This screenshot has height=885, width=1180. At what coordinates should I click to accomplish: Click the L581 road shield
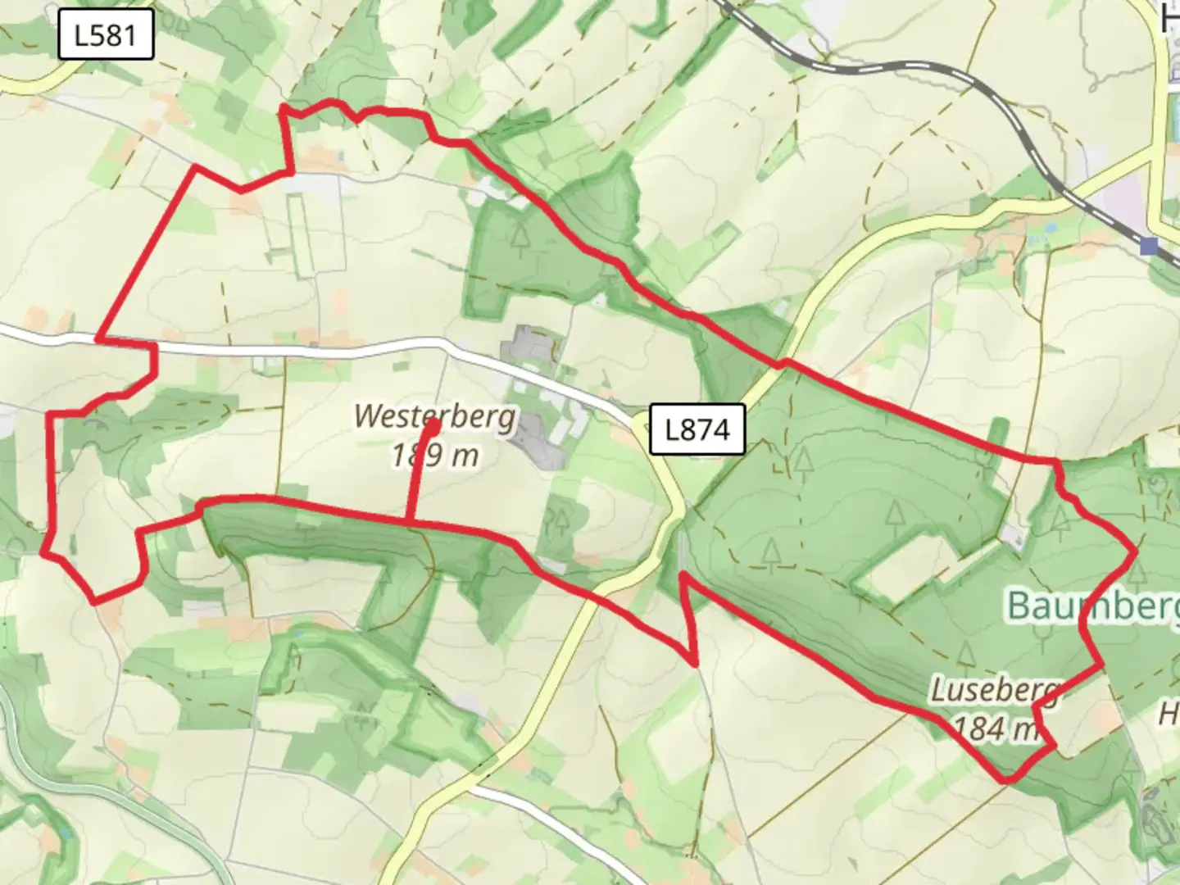106,35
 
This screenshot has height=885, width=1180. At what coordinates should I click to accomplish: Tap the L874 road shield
697,429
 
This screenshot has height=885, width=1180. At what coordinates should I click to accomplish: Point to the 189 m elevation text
434,455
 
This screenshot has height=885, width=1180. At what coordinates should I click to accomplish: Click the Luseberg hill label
993,690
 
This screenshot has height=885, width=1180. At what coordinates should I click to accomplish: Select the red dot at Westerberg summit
432,424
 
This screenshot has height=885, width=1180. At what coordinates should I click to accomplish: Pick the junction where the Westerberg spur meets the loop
408,520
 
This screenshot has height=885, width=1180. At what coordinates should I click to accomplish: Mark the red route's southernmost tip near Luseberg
1007,780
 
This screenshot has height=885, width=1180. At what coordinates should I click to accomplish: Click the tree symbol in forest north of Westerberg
519,235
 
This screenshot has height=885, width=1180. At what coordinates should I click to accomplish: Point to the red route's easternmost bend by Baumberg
1136,551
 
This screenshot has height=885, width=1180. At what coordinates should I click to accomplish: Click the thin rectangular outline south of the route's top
299,234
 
